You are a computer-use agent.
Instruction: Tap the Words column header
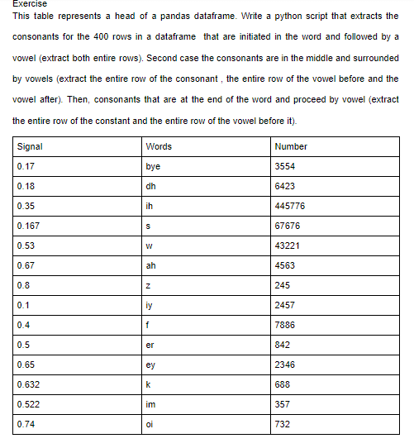[158, 146]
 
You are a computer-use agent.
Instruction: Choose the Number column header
[290, 146]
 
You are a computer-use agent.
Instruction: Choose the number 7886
[286, 325]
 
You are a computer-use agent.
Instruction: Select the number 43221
[288, 245]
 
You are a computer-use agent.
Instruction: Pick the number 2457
[286, 305]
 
